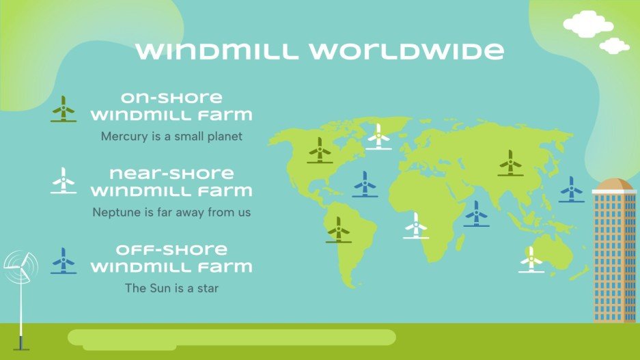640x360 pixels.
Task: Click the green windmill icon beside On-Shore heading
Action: pyautogui.click(x=64, y=109)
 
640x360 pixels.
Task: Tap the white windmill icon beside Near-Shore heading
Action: pyautogui.click(x=64, y=181)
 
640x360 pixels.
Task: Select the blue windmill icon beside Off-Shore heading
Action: pyautogui.click(x=64, y=261)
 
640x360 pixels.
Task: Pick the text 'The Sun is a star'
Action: pyautogui.click(x=171, y=288)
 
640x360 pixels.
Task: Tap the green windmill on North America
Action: pyautogui.click(x=319, y=150)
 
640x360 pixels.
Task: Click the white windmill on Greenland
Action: pyautogui.click(x=378, y=137)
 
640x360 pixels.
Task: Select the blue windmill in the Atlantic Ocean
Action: pyautogui.click(x=365, y=184)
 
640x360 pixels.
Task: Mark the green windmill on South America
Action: pyautogui.click(x=337, y=230)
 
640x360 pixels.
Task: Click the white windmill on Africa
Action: pyautogui.click(x=415, y=225)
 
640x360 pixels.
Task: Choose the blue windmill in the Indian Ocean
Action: pyautogui.click(x=476, y=214)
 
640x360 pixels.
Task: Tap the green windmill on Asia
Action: pyautogui.click(x=510, y=163)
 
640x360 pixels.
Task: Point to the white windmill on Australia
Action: pyautogui.click(x=531, y=260)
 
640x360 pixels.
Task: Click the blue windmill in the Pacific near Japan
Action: pyautogui.click(x=571, y=189)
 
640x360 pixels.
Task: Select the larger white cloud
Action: pyautogui.click(x=587, y=25)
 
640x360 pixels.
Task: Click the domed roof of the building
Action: pyautogui.click(x=613, y=184)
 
